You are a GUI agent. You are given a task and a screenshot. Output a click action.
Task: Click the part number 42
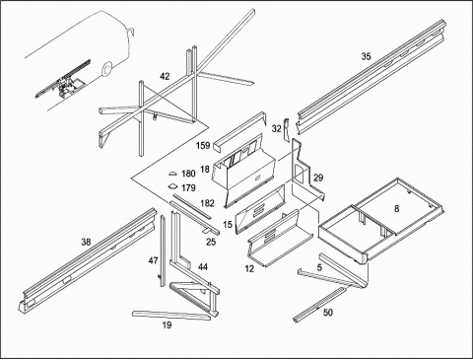pyautogui.click(x=165, y=76)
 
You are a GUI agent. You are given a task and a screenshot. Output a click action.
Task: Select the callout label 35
pyautogui.click(x=366, y=56)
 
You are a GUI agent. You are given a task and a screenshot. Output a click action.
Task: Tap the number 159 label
pyautogui.click(x=203, y=145)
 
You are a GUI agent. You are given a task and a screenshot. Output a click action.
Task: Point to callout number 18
pyautogui.click(x=205, y=170)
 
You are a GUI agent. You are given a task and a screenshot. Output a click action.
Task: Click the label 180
pyautogui.click(x=188, y=174)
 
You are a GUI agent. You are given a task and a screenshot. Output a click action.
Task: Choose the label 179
pyautogui.click(x=188, y=187)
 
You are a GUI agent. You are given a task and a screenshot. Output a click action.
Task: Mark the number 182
pyautogui.click(x=207, y=203)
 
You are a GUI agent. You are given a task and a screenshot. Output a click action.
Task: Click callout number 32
pyautogui.click(x=277, y=128)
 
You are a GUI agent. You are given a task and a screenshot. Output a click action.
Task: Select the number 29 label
pyautogui.click(x=318, y=178)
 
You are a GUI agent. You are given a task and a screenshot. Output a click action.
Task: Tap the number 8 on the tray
pyautogui.click(x=397, y=208)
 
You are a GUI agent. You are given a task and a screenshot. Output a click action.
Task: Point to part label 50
pyautogui.click(x=328, y=313)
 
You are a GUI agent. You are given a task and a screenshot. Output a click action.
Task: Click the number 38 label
pyautogui.click(x=86, y=243)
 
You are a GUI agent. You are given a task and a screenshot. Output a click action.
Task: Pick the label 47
pyautogui.click(x=153, y=260)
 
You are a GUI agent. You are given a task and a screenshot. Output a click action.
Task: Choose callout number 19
pyautogui.click(x=167, y=325)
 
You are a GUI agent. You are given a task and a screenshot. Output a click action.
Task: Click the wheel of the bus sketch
pyautogui.click(x=106, y=69)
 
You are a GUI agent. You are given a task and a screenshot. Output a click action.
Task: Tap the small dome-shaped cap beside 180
pyautogui.click(x=173, y=174)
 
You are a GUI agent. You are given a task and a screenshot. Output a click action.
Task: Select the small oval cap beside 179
pyautogui.click(x=172, y=186)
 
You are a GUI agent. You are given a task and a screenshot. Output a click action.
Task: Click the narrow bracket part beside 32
pyautogui.click(x=286, y=130)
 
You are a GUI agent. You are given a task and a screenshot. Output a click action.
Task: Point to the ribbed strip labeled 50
pyautogui.click(x=319, y=305)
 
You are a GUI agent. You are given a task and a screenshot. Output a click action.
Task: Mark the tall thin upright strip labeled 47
pyautogui.click(x=163, y=251)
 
